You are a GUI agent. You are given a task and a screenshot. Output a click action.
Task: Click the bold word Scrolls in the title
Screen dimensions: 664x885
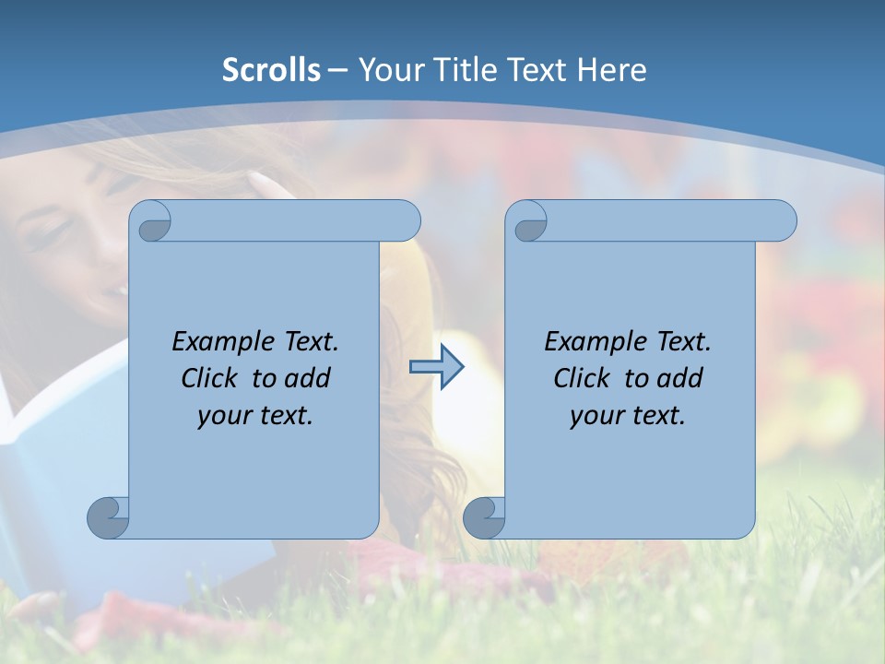271,70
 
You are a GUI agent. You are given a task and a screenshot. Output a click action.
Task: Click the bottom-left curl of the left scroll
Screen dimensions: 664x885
109,517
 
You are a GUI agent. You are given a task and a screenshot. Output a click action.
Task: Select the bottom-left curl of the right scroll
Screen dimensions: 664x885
484,517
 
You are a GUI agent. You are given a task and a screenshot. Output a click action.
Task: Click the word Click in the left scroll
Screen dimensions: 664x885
208,379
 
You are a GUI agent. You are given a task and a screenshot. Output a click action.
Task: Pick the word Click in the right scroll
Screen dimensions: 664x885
581,379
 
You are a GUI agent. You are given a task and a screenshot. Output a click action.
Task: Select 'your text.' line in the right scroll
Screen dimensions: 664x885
628,416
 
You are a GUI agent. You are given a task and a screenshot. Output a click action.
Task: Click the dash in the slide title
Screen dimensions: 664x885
338,70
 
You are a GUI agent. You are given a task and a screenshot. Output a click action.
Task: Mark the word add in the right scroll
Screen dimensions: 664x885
680,379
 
